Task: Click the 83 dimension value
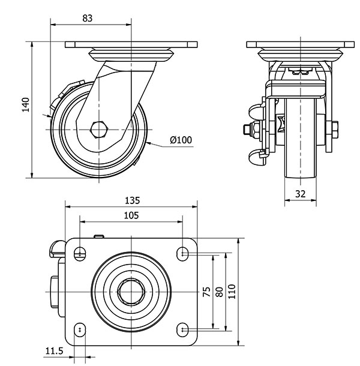click(x=87, y=18)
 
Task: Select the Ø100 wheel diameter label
click(x=181, y=140)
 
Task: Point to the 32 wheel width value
click(x=300, y=194)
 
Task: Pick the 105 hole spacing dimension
click(x=131, y=215)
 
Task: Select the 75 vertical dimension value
click(x=206, y=292)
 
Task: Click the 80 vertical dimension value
click(x=220, y=292)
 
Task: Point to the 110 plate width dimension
click(x=233, y=292)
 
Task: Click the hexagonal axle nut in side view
click(x=99, y=129)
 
